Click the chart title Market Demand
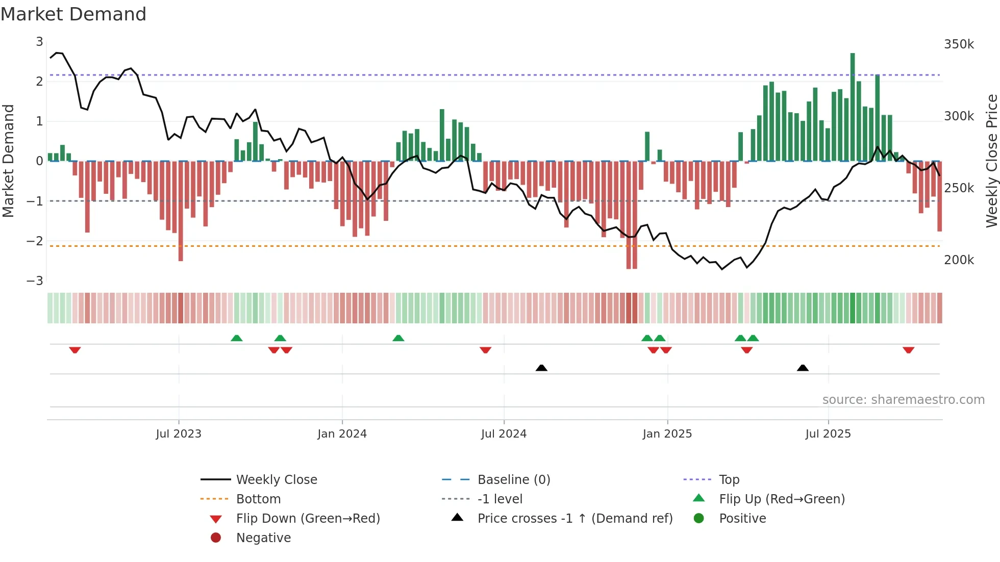73,14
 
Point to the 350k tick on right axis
959,44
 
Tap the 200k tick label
959,260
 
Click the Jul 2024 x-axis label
504,434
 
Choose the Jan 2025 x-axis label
667,434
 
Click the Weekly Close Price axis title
991,161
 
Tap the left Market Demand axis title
8,161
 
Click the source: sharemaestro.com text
903,400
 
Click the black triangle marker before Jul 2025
803,368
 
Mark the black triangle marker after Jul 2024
541,368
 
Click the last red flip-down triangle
908,350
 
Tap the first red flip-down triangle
75,350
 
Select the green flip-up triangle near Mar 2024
398,338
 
